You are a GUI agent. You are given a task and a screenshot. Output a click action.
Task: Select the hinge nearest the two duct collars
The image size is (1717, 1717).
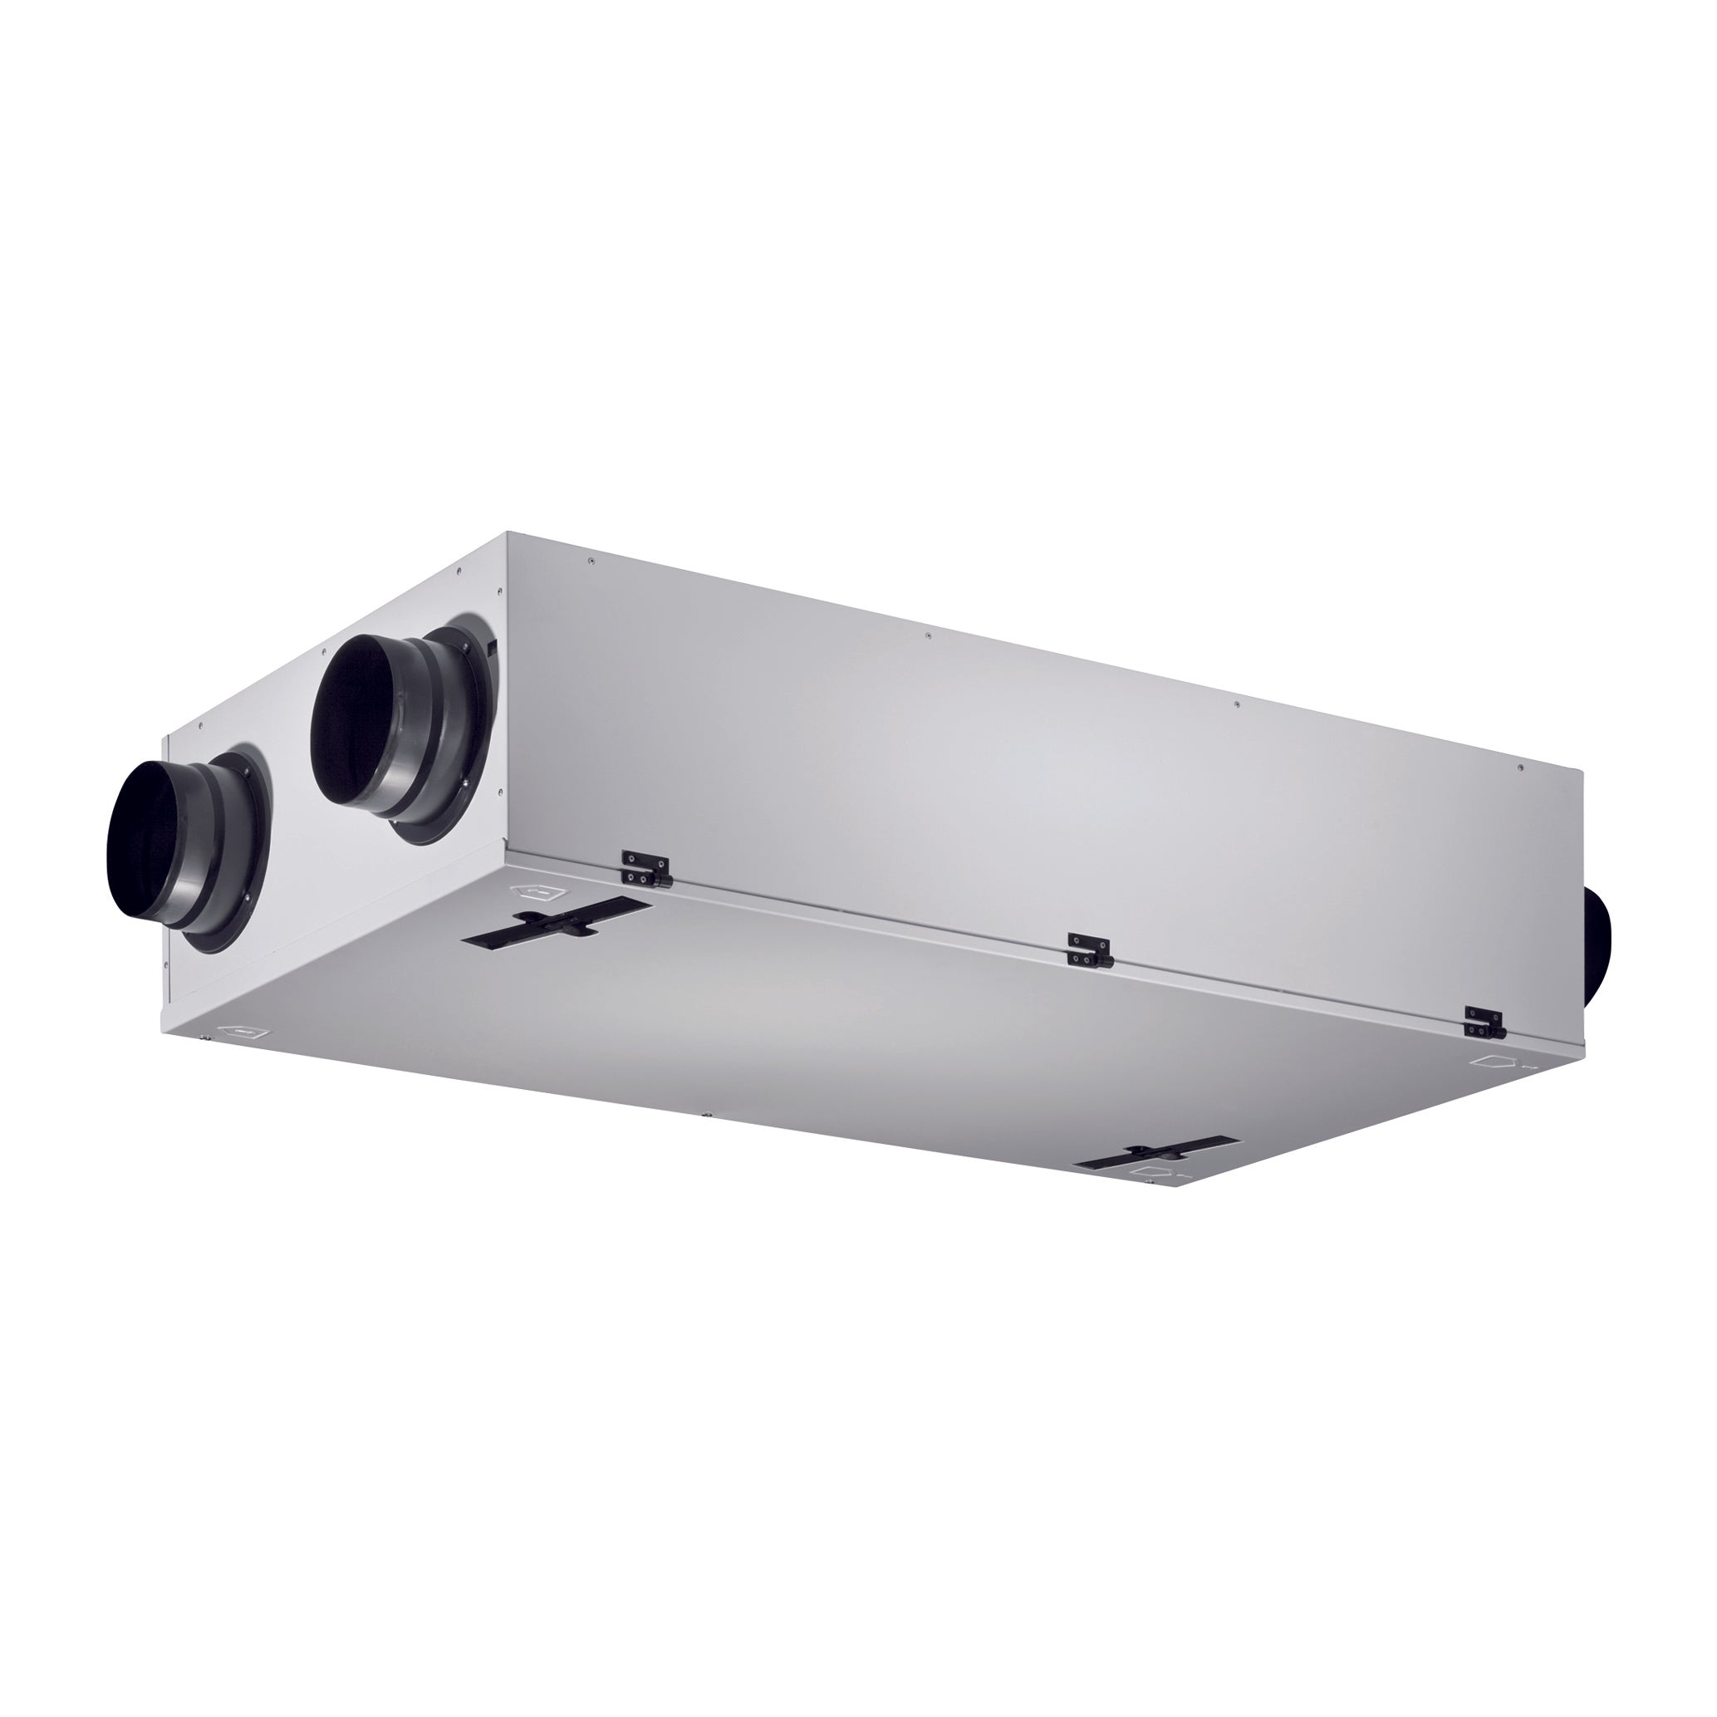pos(646,869)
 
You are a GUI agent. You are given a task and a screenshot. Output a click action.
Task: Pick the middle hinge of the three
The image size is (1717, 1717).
pos(1090,949)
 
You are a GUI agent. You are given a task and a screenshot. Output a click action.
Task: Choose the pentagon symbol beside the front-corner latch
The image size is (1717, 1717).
pos(1150,1173)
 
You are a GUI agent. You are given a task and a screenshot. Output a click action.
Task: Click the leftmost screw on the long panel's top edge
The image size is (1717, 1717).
pos(589,560)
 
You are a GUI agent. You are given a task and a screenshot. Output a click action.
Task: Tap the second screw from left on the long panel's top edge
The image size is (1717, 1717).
pos(928,635)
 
